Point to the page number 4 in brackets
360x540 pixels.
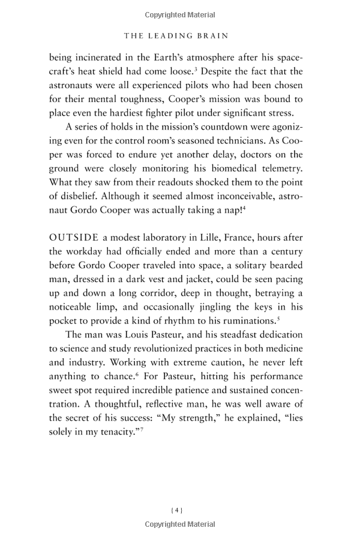177,511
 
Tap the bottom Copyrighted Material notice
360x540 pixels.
180,524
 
